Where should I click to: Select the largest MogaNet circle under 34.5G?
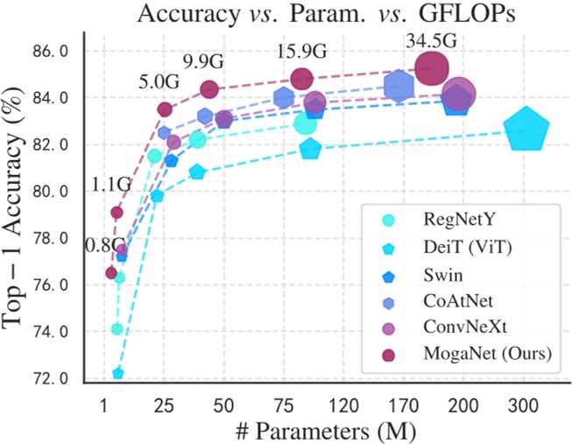tap(432, 67)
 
